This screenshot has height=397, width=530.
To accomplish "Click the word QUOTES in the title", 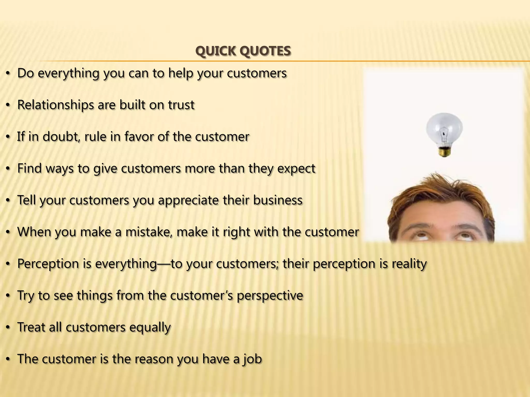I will coord(265,51).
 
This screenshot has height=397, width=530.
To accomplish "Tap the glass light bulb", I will coord(444,129).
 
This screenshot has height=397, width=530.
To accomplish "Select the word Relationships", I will coord(55,105).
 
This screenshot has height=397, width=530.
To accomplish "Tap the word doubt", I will coord(61,137).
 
